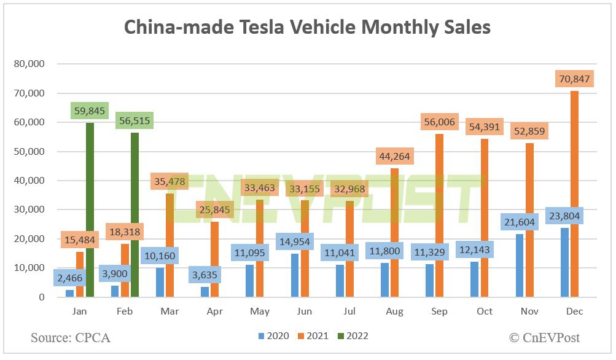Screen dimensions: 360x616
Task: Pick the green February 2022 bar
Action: tap(135, 215)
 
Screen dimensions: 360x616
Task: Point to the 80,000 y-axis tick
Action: tap(29, 64)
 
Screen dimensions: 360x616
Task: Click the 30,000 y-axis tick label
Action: tap(29, 209)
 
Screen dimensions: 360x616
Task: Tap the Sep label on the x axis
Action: tap(439, 311)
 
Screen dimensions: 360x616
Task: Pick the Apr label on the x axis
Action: tap(215, 311)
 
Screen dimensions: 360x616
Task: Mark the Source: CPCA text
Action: tap(71, 337)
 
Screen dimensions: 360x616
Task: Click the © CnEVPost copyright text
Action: tap(544, 337)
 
